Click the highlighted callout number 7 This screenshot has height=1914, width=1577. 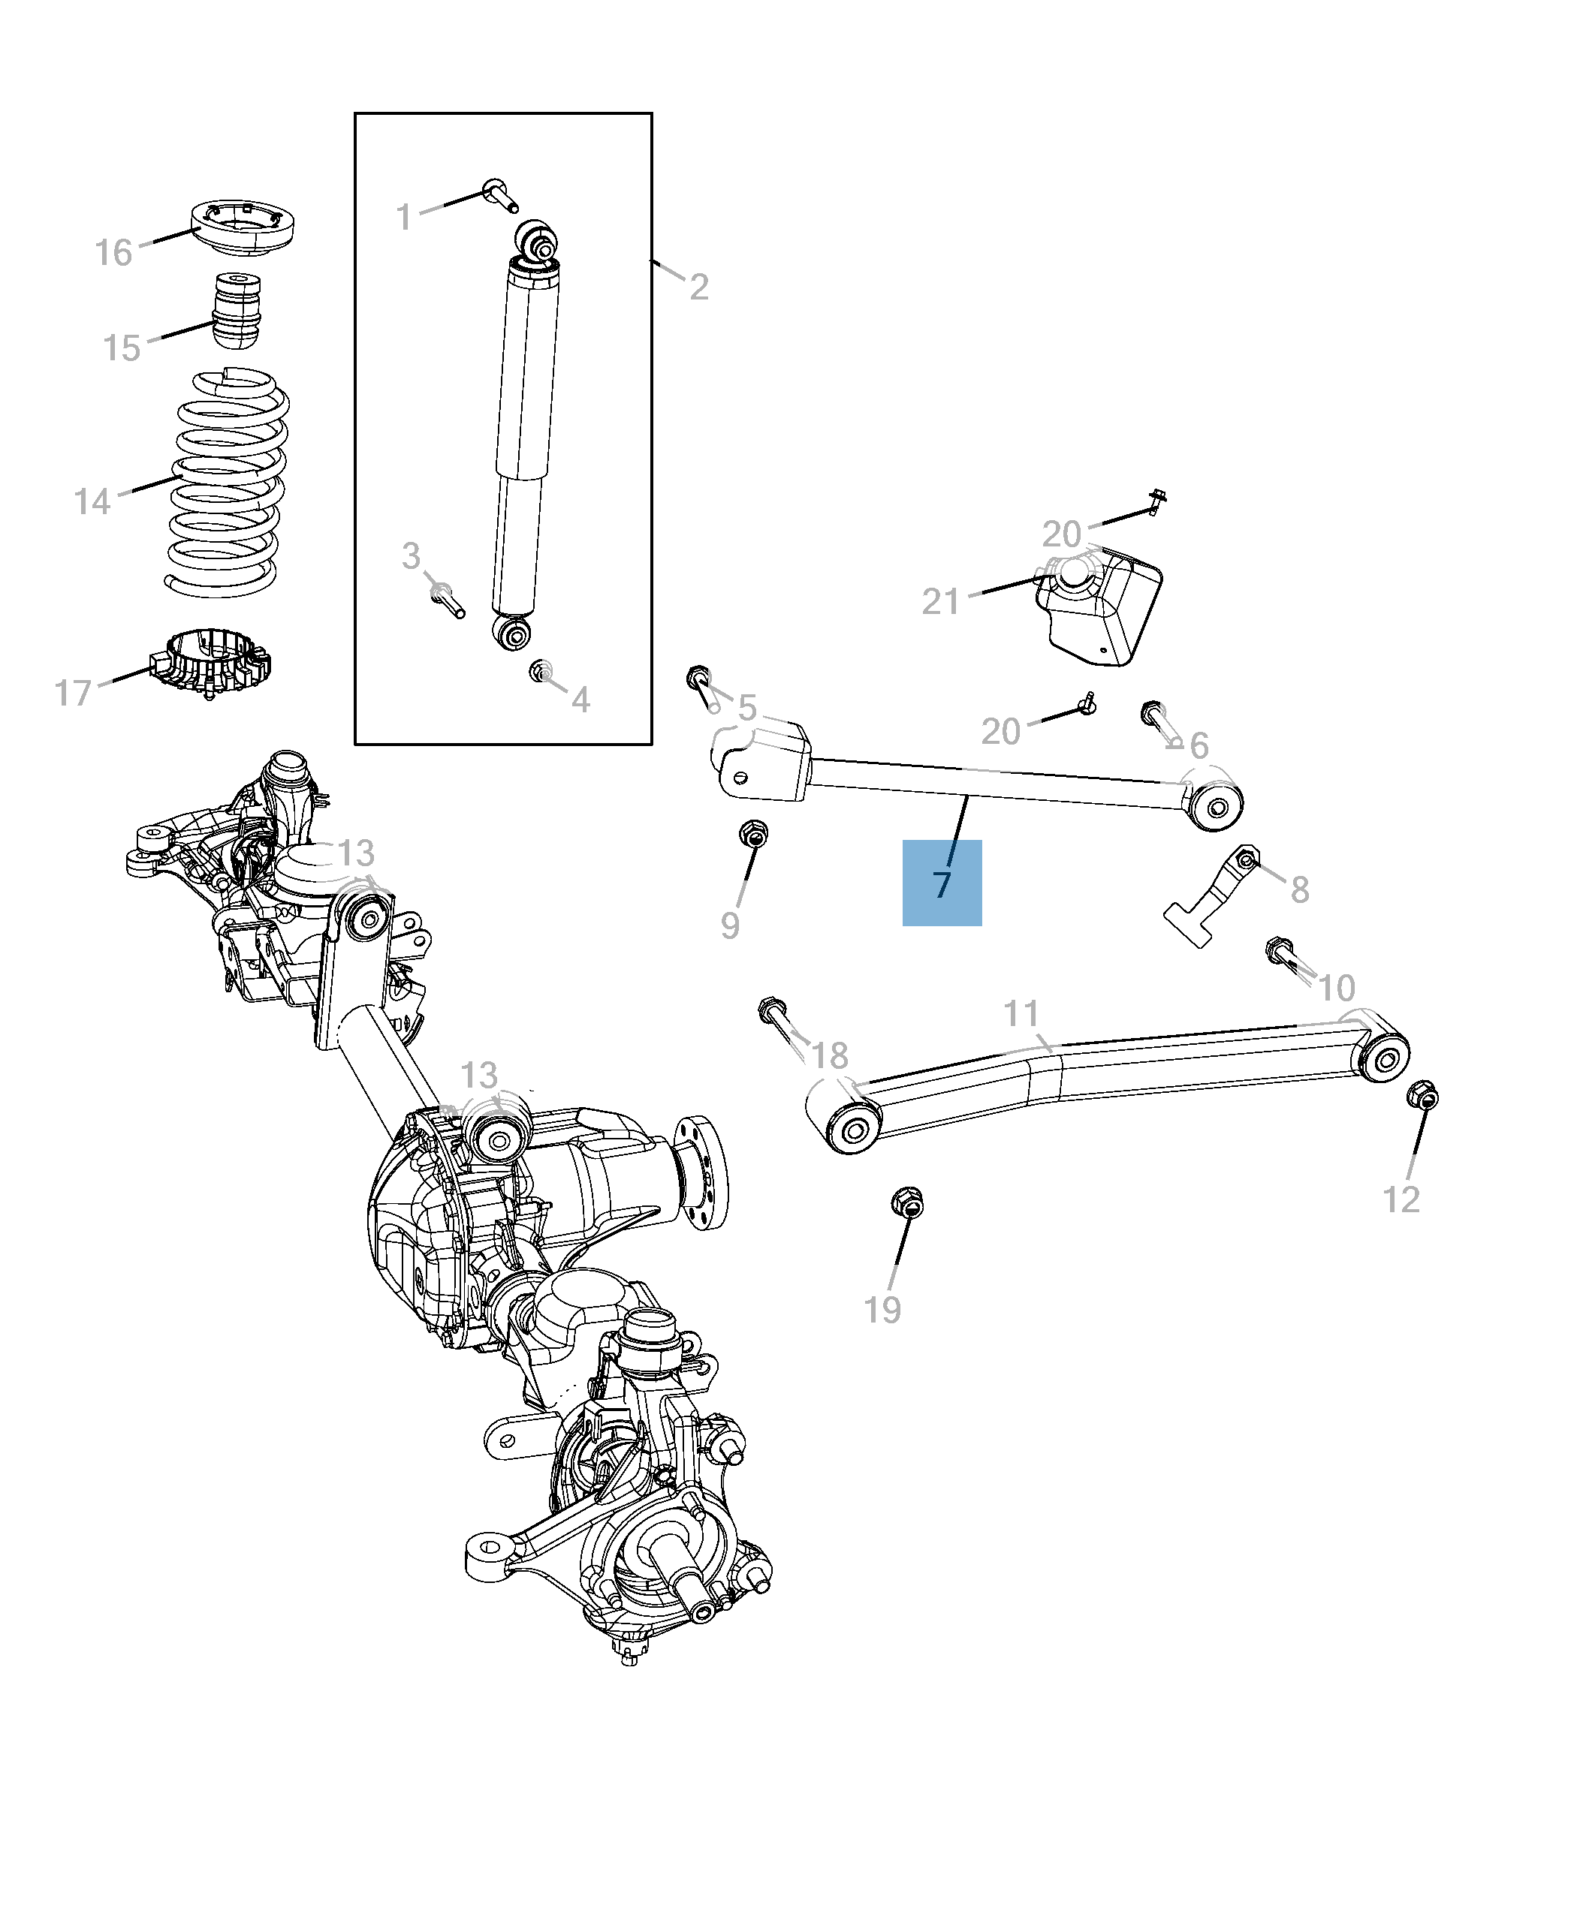point(941,883)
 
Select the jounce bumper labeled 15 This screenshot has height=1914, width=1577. point(237,311)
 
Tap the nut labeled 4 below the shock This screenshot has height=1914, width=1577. point(541,672)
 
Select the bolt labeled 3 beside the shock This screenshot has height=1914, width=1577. point(447,599)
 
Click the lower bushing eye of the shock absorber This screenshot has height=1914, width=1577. point(513,633)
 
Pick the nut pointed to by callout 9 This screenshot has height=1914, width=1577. point(753,832)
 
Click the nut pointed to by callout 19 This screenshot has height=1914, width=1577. point(906,1204)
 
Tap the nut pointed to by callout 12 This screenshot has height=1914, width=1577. point(1422,1096)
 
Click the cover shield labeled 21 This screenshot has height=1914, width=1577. point(1101,606)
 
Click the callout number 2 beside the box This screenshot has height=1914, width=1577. point(698,287)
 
